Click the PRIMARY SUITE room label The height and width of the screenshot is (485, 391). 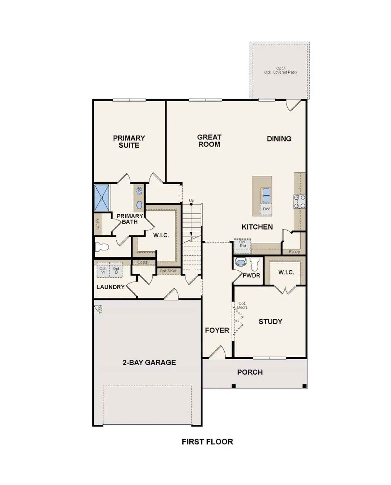[x=129, y=142]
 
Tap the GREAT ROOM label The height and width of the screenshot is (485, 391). [x=209, y=141]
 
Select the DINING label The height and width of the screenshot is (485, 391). [x=279, y=139]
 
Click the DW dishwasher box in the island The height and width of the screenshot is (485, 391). [x=266, y=209]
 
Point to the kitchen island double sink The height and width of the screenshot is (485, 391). [x=266, y=195]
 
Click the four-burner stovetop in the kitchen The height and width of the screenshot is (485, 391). [x=300, y=202]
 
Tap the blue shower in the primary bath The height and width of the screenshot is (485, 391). [x=102, y=198]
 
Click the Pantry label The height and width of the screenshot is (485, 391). [x=294, y=252]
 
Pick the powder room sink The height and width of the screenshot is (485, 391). [x=241, y=262]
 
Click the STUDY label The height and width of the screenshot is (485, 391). [x=270, y=321]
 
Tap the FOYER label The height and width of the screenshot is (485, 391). [x=217, y=330]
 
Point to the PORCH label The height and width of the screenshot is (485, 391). [x=250, y=372]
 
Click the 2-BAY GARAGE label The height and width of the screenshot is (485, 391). [x=149, y=362]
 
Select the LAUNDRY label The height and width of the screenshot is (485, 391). [x=110, y=287]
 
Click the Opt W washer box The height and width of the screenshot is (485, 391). [x=103, y=271]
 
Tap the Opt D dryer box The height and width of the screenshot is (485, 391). [x=116, y=271]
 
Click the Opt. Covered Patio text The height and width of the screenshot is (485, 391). [x=280, y=72]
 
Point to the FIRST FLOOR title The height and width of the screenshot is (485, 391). [x=207, y=442]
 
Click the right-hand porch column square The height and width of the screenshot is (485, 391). [x=305, y=386]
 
